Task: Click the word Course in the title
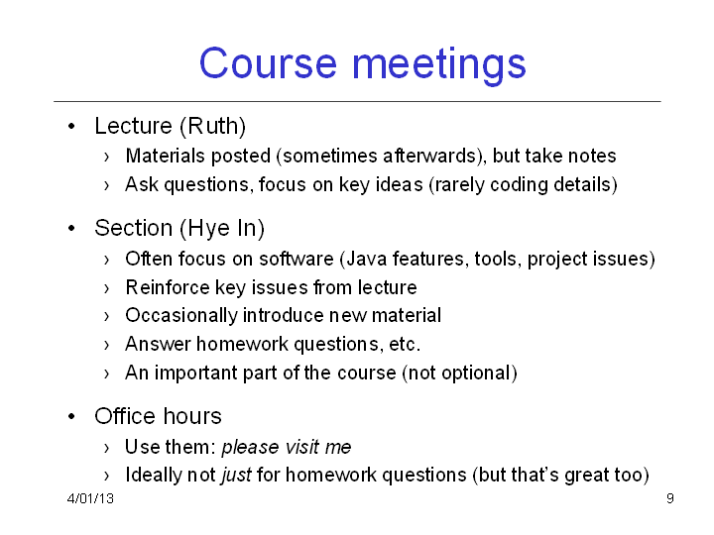coord(268,63)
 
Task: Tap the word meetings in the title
coord(439,66)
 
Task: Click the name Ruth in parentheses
coord(212,126)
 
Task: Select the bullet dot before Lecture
coord(71,126)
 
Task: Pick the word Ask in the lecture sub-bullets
coord(142,184)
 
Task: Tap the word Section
coord(134,228)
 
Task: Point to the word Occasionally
coord(180,316)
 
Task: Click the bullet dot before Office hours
coord(71,416)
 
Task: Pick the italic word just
coord(236,476)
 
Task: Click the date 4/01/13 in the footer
coord(90,498)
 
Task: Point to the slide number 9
coord(669,498)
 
